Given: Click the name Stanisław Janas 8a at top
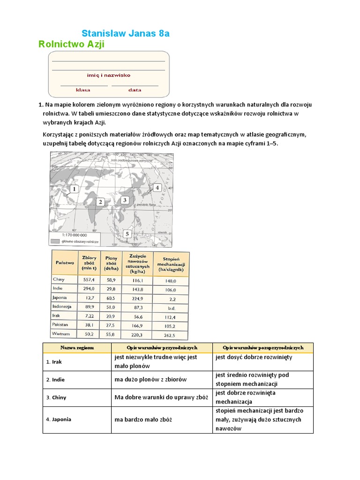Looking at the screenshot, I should click(125, 33).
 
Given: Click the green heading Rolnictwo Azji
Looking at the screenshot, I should click(71, 44).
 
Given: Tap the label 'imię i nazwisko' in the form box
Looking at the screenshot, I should click(109, 75).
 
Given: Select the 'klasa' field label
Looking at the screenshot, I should click(83, 90).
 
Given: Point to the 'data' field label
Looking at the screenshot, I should click(135, 90).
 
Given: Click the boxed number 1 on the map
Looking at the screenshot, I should click(74, 189).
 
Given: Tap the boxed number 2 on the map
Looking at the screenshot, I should click(100, 202).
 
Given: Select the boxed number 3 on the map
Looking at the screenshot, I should click(124, 200).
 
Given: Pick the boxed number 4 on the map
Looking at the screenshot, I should click(157, 187).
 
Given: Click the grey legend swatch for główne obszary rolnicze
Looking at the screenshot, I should click(55, 241).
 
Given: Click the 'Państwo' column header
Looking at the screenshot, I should click(65, 263).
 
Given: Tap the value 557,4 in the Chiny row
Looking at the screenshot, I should click(89, 280).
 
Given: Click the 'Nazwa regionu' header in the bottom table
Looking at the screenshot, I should click(77, 348).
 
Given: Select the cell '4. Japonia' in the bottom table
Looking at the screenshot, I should click(59, 419).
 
